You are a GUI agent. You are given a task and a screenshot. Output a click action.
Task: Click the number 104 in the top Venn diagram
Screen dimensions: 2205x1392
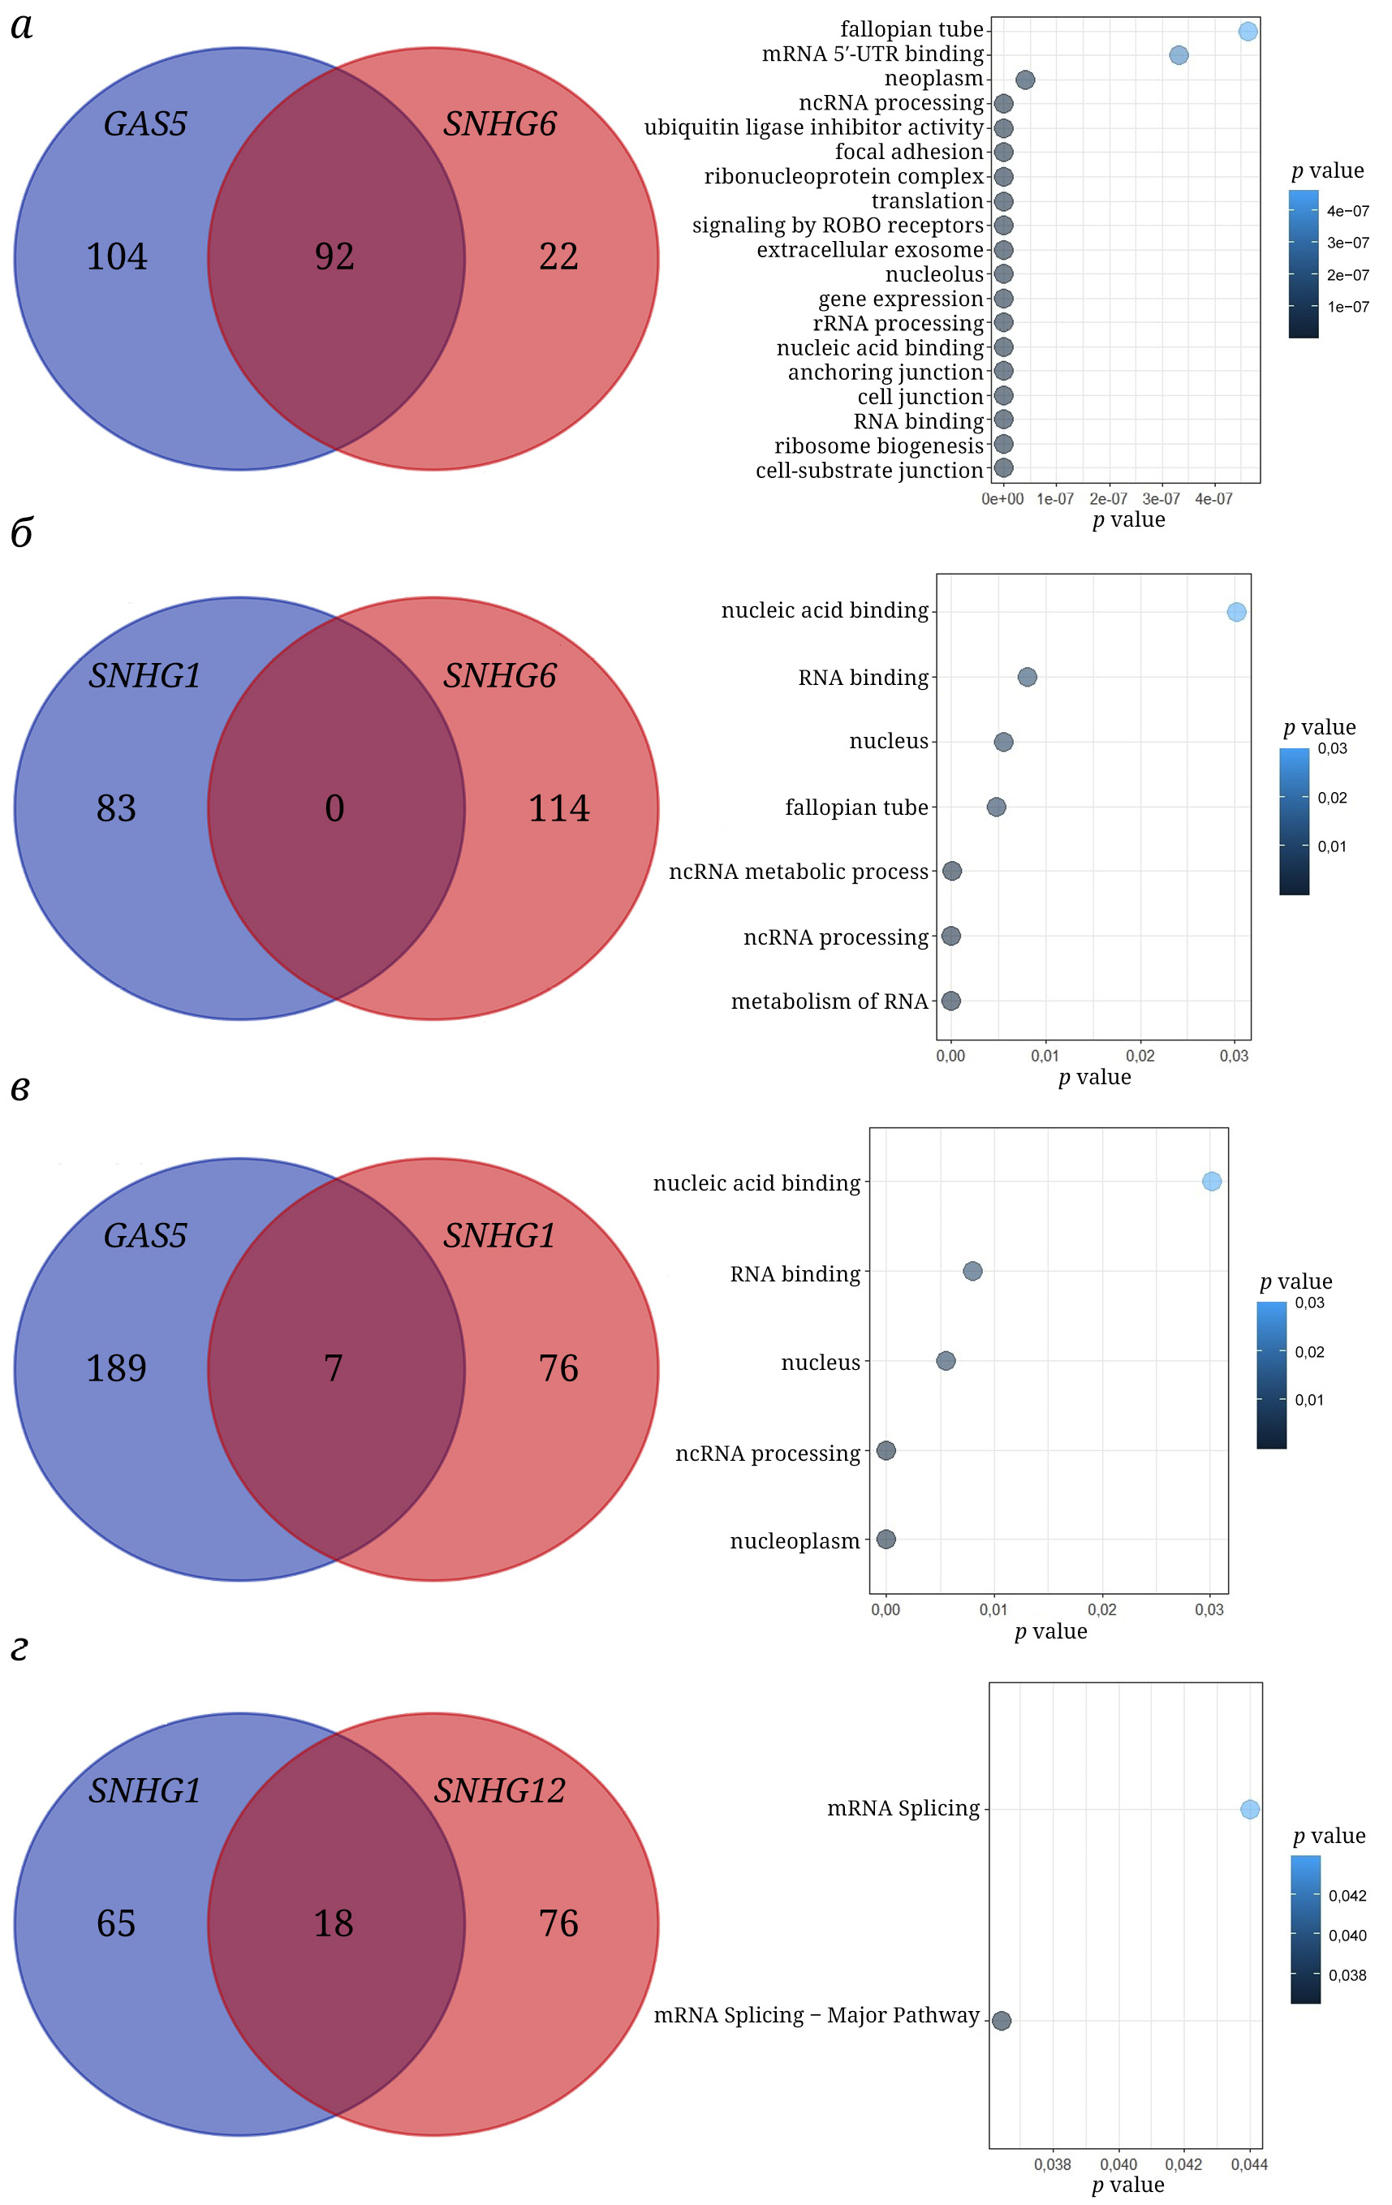[116, 256]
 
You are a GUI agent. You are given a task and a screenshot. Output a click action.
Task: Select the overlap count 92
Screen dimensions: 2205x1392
[334, 256]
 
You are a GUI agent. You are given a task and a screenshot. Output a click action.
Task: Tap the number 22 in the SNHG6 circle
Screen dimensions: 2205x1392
[558, 256]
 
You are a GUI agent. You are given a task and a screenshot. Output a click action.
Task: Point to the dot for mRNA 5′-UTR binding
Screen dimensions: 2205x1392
[1179, 56]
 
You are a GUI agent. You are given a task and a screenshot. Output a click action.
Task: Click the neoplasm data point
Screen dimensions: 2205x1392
[1025, 80]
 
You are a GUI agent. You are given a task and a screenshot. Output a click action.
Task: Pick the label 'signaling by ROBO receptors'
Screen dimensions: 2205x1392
[837, 226]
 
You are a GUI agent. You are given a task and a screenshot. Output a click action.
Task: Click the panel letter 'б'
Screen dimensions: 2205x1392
[22, 533]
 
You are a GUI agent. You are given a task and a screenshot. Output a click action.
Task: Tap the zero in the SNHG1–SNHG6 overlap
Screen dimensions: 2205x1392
[334, 808]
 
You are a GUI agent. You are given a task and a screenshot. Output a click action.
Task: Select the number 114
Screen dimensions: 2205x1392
[558, 808]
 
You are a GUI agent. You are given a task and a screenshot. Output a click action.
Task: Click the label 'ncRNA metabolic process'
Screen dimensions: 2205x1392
[798, 872]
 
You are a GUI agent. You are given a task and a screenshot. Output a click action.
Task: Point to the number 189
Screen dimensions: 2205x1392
[116, 1369]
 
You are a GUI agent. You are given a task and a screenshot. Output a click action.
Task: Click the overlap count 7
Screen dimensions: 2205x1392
[334, 1369]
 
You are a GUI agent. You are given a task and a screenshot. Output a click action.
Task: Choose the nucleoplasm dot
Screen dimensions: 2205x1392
[886, 1540]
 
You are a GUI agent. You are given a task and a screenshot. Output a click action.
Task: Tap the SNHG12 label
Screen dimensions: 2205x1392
[499, 1791]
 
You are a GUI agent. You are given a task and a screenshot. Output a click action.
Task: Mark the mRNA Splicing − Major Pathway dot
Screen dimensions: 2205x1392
[1001, 2020]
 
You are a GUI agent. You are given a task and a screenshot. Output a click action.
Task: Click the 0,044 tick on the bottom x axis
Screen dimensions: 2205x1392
[1249, 2164]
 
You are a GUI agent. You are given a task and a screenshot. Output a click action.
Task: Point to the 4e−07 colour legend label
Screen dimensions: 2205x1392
[1348, 212]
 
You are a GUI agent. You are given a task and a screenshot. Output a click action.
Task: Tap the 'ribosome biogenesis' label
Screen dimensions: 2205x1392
[878, 446]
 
